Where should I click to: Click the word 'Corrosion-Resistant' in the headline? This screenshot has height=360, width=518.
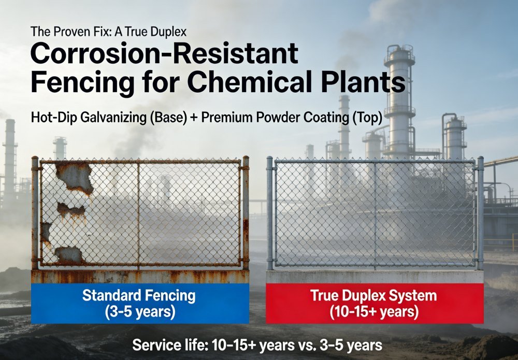pos(164,54)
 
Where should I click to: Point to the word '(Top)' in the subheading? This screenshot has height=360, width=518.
pos(366,118)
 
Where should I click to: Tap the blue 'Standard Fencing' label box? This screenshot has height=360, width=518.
pos(140,303)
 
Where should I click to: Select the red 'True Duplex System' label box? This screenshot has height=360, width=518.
pos(375,303)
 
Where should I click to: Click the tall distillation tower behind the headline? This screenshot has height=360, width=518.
pos(399,98)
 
